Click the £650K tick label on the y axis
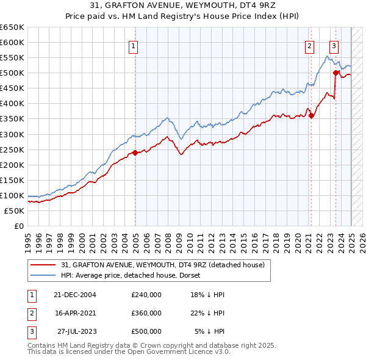tap(12, 27)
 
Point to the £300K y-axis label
tap(12, 134)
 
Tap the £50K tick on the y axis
tap(15, 211)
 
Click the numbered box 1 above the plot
tap(132, 45)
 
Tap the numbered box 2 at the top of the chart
tap(309, 45)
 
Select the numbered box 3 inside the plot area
tap(334, 45)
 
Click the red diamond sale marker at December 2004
tap(135, 153)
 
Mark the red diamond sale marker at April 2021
tap(311, 115)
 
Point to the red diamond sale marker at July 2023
tap(335, 73)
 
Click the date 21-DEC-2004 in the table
tap(75, 295)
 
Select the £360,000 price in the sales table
tap(146, 313)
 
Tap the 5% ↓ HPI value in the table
tap(210, 331)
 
